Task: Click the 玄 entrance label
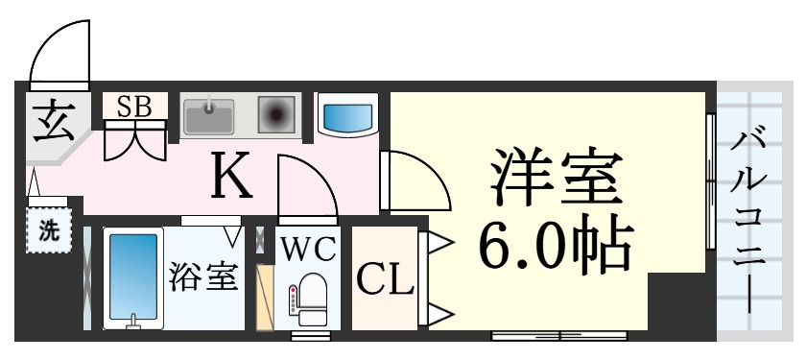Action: point(46,122)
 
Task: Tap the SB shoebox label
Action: point(134,106)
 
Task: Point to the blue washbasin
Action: point(347,116)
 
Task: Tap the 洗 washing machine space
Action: point(47,230)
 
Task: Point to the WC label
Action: point(307,249)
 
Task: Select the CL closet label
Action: point(385,279)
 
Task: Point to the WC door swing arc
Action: point(305,186)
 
